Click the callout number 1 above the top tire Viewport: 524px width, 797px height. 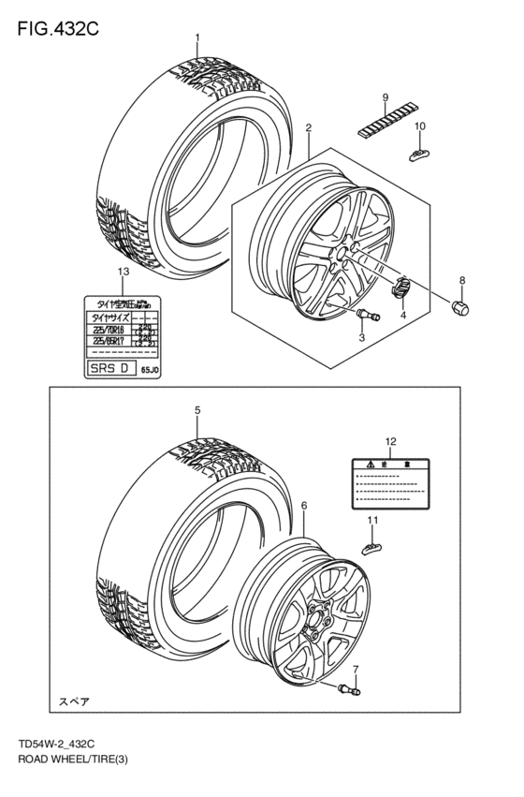(x=197, y=38)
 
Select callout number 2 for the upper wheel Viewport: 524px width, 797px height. (x=308, y=126)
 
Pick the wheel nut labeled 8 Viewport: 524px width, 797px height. (x=461, y=306)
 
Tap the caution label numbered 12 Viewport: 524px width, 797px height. (x=390, y=483)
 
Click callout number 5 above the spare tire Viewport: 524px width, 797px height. (x=197, y=410)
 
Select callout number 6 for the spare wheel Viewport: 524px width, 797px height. (x=304, y=505)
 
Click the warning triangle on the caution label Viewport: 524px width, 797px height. (x=371, y=465)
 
